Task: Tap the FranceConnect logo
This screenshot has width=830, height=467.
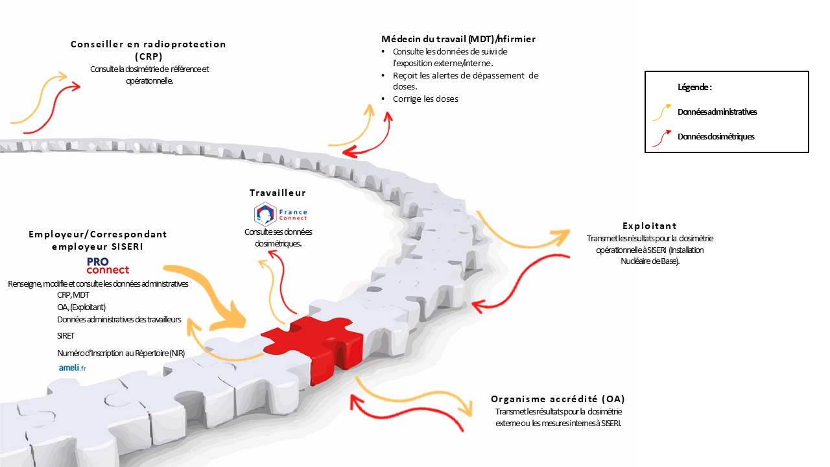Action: click(x=281, y=214)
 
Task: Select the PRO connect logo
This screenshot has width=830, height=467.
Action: click(x=108, y=266)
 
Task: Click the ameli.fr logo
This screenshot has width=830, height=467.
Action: click(x=73, y=368)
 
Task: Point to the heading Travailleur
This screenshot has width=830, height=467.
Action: click(x=278, y=193)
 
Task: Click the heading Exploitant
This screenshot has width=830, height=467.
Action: click(x=650, y=226)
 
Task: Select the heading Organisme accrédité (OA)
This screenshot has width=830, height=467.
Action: click(x=558, y=399)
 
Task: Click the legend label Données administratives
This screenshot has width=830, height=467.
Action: click(x=717, y=112)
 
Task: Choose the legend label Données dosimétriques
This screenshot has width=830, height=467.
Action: click(x=716, y=137)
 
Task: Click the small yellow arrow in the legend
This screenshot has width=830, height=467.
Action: click(x=662, y=112)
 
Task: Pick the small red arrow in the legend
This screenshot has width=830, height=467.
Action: click(x=662, y=138)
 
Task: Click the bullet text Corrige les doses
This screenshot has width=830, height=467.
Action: click(x=425, y=99)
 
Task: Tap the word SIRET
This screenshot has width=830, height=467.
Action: click(x=65, y=336)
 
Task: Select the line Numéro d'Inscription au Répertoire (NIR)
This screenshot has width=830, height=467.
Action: click(x=121, y=353)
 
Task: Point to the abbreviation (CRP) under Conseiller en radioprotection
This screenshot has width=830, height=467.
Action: click(x=148, y=56)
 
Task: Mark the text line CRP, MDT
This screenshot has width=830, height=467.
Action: click(x=73, y=295)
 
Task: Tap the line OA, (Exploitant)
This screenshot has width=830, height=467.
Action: click(x=82, y=307)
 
